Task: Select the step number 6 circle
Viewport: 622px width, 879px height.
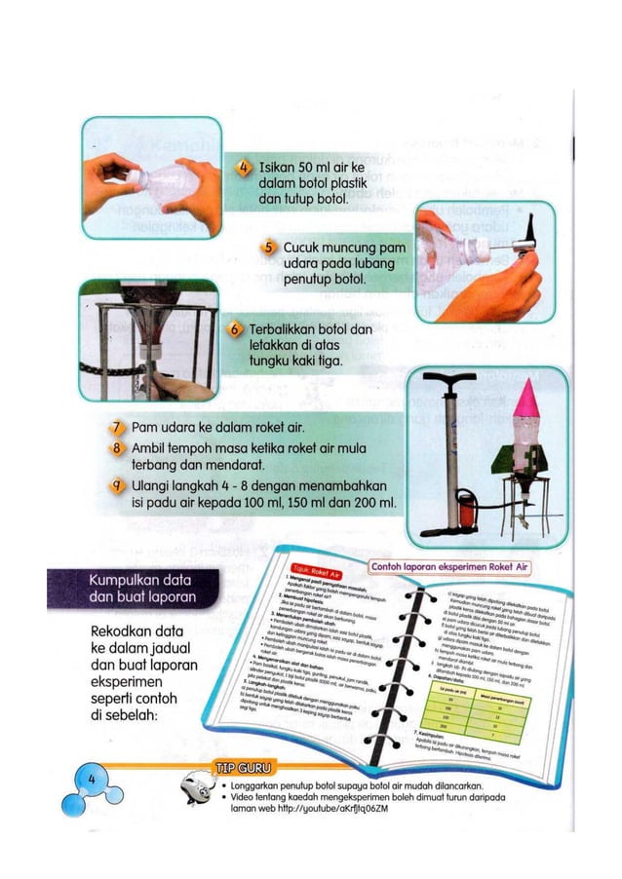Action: click(235, 330)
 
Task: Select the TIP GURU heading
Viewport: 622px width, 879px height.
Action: click(242, 762)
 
